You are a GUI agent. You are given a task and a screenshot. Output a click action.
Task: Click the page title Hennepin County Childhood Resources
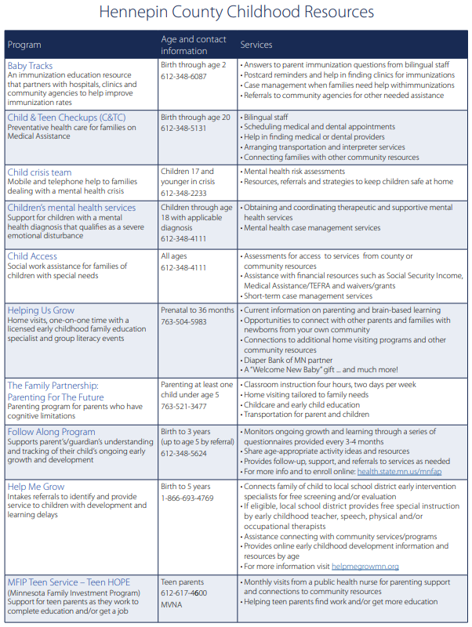[x=236, y=13]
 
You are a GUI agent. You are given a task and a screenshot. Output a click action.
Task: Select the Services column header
[x=257, y=45]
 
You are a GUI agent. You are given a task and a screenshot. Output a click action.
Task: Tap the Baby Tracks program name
[x=30, y=66]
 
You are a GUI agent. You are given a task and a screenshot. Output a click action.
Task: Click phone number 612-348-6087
[x=183, y=77]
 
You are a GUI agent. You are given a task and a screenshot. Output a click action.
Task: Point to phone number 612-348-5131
[x=183, y=129]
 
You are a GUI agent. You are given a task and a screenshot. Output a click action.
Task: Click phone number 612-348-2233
[x=183, y=193]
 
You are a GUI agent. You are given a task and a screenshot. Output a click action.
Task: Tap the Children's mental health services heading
[x=71, y=208]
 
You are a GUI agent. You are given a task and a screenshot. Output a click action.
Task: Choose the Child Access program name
[x=32, y=256]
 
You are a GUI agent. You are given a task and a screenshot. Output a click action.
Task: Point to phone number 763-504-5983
[x=183, y=321]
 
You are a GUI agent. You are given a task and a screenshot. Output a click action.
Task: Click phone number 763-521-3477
[x=183, y=407]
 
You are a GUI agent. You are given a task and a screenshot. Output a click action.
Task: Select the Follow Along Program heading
[x=52, y=431]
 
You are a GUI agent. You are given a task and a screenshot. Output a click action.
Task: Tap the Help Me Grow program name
[x=36, y=487]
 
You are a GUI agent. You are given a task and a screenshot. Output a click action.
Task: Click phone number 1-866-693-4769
[x=187, y=498]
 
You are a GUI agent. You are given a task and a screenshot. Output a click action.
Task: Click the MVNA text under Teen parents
[x=172, y=603]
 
